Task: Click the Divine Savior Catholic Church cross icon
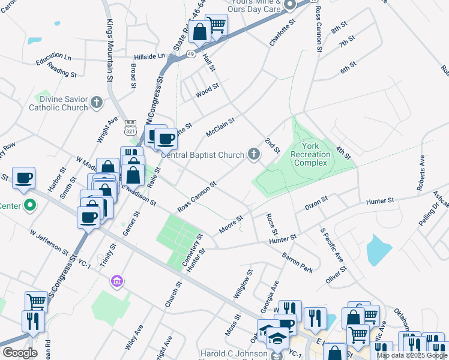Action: point(96,103)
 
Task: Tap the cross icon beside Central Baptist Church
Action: point(254,155)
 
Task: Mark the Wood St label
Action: point(207,93)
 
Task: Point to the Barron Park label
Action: point(298,262)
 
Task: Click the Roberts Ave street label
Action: point(421,173)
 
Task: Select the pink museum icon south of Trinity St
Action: point(117,281)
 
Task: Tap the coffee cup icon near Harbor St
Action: point(24,178)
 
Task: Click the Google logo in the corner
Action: point(20,353)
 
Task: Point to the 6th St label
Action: point(348,67)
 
